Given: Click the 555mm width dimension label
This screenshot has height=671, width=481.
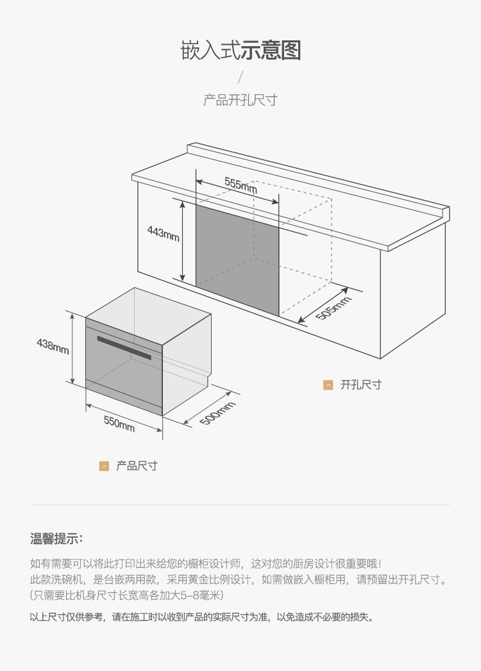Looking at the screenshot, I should click(240, 185).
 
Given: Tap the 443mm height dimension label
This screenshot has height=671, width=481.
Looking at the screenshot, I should click(163, 233).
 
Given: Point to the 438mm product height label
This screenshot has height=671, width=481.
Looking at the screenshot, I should click(53, 346).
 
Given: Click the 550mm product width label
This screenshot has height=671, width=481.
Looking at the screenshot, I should click(119, 423).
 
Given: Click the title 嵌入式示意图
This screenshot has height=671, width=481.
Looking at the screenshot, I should click(240, 51).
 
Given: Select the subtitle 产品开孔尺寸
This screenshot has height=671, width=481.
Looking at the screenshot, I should click(240, 100).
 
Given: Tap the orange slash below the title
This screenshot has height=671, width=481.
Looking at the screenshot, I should click(240, 78).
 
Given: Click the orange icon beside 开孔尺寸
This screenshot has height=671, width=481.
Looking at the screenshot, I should click(328, 385).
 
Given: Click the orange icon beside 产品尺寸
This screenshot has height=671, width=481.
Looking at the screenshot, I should click(104, 466).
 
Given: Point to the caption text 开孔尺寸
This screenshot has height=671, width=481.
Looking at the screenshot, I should click(360, 385).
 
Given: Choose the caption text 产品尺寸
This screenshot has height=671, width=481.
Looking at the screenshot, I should click(137, 466).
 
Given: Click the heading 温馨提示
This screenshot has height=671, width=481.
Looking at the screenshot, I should click(56, 539).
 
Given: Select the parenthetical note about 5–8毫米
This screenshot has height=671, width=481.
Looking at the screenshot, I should click(126, 595).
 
